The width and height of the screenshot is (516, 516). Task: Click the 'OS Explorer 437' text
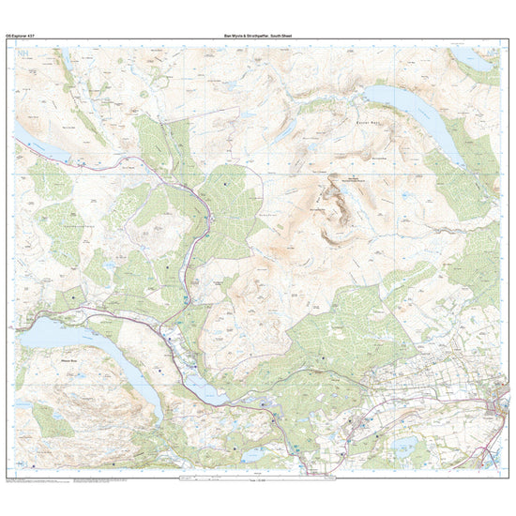[x=21, y=36]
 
